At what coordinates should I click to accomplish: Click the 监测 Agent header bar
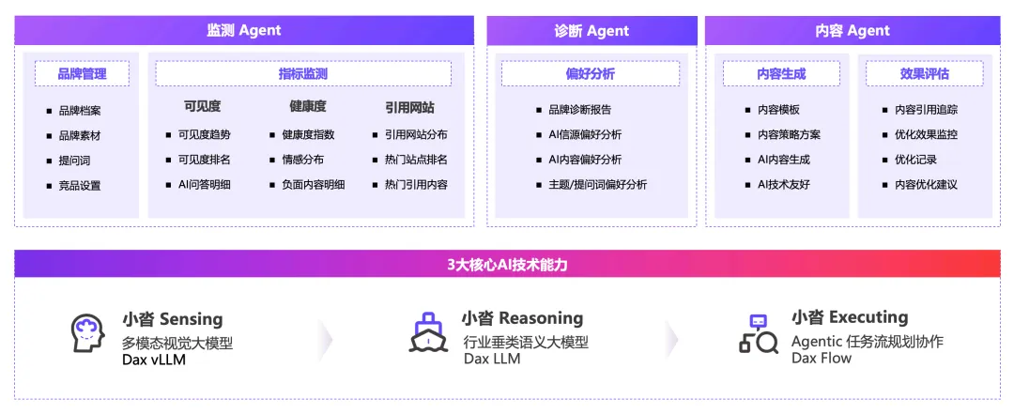click(244, 31)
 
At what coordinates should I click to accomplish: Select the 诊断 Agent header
click(591, 31)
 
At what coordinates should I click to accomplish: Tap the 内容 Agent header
click(853, 31)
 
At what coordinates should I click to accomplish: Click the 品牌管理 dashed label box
click(82, 74)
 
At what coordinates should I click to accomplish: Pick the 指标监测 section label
click(303, 74)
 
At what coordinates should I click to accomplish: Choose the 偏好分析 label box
click(591, 74)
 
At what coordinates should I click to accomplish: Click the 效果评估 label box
click(924, 74)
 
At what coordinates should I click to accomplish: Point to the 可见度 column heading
click(202, 107)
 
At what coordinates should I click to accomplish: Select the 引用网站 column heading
click(409, 107)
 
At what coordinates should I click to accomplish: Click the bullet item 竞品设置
click(79, 186)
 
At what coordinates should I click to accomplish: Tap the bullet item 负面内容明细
click(313, 185)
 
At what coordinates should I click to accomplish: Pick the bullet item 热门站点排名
click(415, 160)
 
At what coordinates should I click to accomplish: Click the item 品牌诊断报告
click(579, 110)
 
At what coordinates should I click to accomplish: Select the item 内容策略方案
click(789, 135)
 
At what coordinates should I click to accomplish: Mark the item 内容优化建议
click(926, 185)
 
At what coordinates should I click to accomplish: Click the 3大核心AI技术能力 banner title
click(507, 265)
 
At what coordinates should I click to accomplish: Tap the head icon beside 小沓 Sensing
click(87, 333)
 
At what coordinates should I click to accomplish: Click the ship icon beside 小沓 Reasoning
click(428, 331)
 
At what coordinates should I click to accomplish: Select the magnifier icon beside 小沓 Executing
click(759, 333)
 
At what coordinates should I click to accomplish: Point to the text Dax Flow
click(822, 358)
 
